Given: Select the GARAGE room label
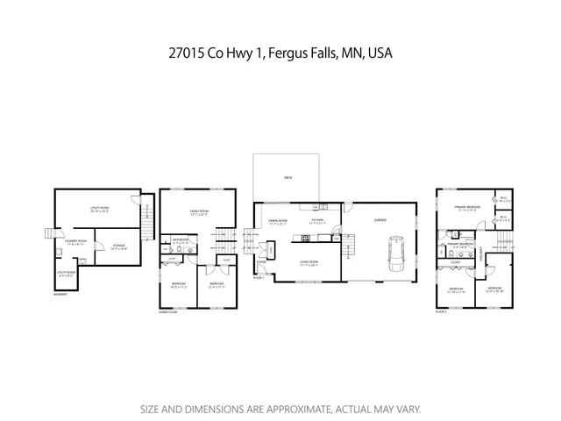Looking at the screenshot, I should pyautogui.click(x=380, y=220).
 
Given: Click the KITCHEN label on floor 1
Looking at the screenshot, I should pyautogui.click(x=317, y=220).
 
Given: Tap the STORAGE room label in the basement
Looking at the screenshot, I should pyautogui.click(x=117, y=246).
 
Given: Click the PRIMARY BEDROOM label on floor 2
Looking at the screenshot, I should pyautogui.click(x=466, y=207).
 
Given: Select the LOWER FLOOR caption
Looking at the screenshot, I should pyautogui.click(x=167, y=311).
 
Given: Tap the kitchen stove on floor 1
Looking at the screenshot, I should pyautogui.click(x=305, y=238).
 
